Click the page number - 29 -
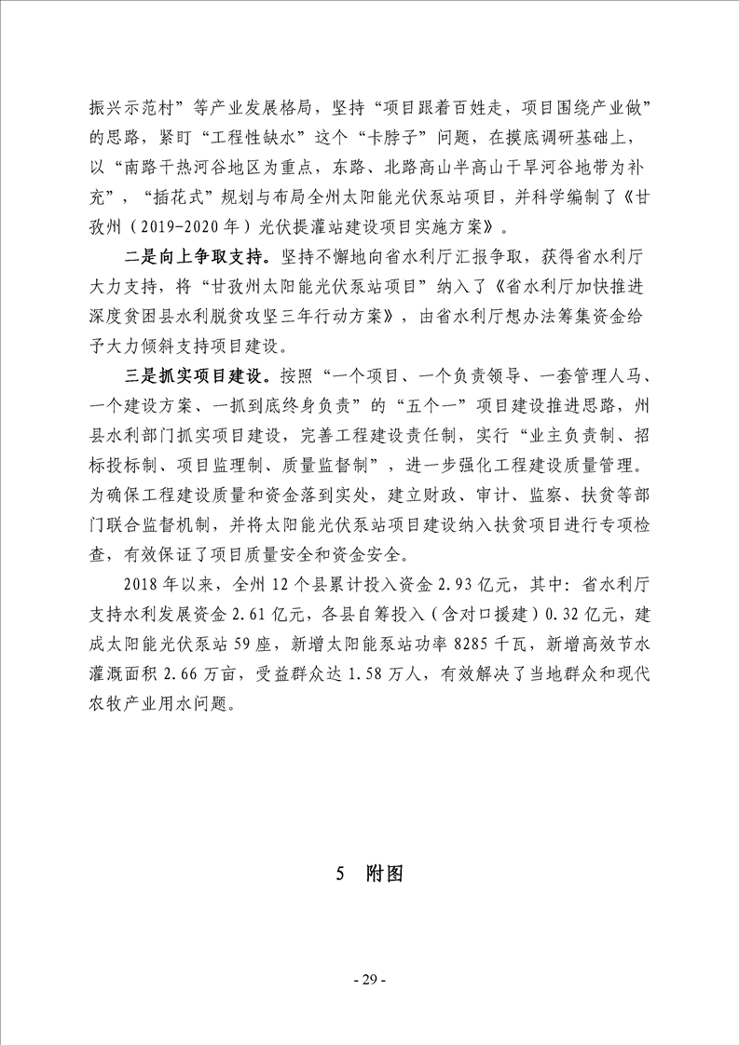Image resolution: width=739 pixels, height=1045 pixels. point(369,979)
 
